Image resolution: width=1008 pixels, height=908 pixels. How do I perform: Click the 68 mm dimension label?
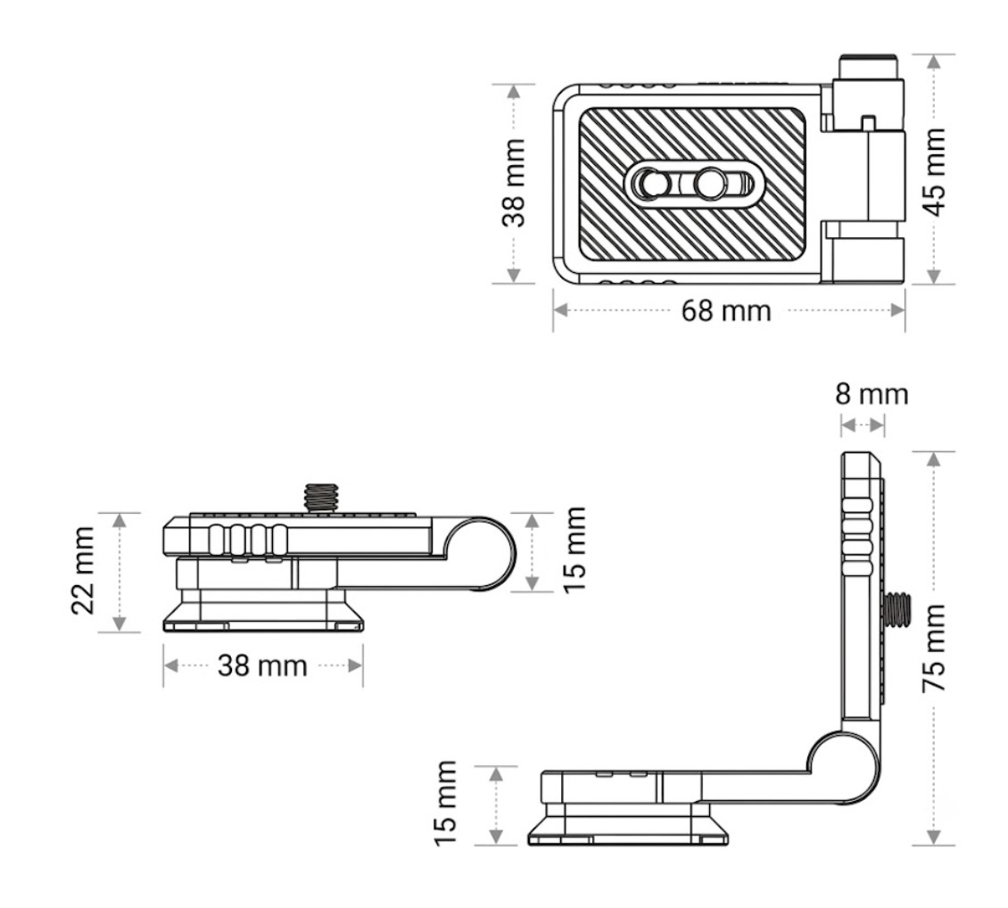pos(726,311)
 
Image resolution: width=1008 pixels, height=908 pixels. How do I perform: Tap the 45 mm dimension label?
pos(935,172)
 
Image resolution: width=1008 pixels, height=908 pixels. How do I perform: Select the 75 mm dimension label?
pos(935,647)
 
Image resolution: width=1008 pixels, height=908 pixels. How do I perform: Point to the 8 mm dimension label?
pos(872,394)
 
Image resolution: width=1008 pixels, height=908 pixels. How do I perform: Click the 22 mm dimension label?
pos(84,571)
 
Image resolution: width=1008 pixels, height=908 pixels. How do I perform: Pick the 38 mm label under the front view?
pos(262,665)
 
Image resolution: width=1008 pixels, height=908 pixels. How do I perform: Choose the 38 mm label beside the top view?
pos(515,183)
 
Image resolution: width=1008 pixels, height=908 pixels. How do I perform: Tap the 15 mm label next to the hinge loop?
pos(574,550)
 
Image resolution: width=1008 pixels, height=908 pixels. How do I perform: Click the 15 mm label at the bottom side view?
pos(445,804)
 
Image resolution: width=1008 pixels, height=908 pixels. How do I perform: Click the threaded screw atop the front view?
pos(321,498)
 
